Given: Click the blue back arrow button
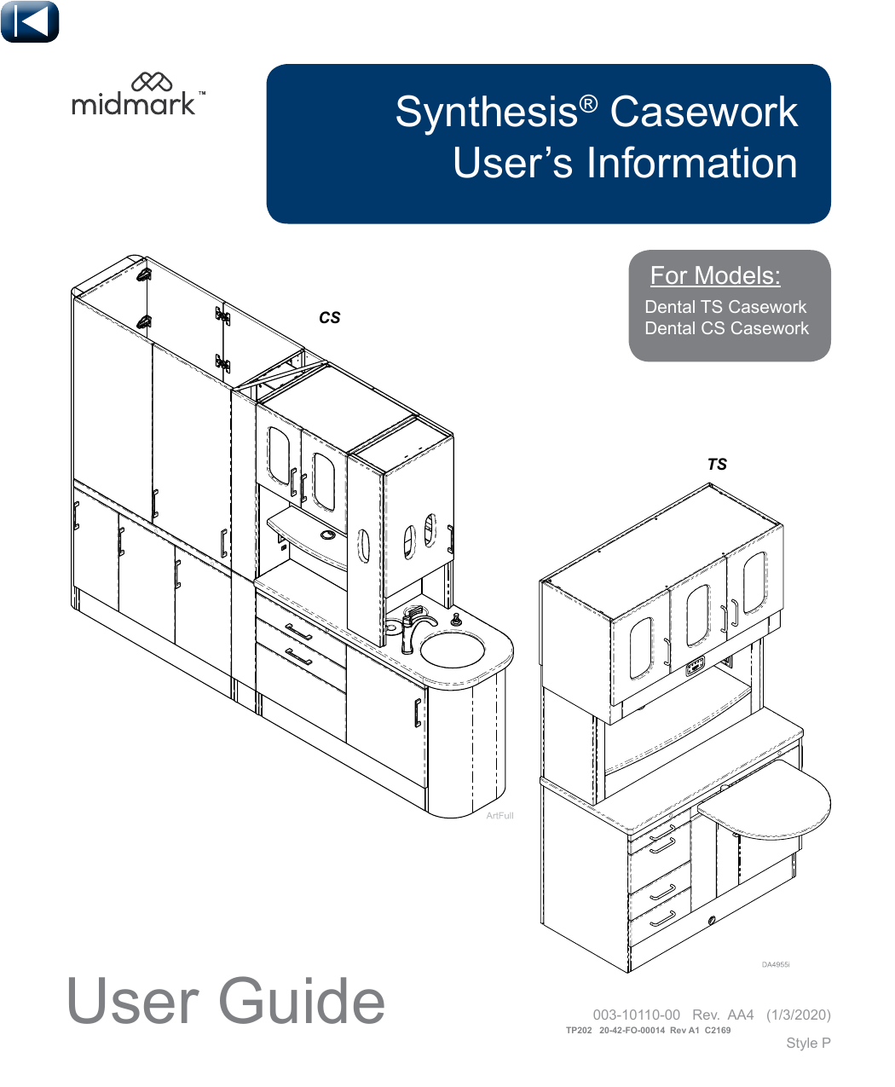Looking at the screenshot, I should coord(30,22).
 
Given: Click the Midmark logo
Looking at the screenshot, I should coord(138,95).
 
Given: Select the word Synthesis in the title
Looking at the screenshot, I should coord(487,113).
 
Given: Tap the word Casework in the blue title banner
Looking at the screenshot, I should coord(704,113).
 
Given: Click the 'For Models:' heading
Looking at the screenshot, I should coord(715,275).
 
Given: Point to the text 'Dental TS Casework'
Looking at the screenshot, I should coord(725,307).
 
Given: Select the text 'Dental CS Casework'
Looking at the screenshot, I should coord(726,328).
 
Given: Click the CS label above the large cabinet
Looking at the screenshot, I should coord(330,318).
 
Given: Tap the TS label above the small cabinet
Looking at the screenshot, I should coord(717,465).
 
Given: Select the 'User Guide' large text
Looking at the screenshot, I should coord(226,1001).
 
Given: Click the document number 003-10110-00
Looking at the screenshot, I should coord(636,1015).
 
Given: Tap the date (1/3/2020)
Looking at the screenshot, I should coord(798,1015).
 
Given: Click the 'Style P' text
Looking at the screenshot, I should coord(808,1043).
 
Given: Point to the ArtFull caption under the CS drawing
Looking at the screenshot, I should coord(499,816).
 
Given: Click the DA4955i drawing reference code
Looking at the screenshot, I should coord(776,965).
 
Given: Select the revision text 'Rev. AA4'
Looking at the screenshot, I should coord(723,1015).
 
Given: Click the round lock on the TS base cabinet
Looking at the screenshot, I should coord(712,920).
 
